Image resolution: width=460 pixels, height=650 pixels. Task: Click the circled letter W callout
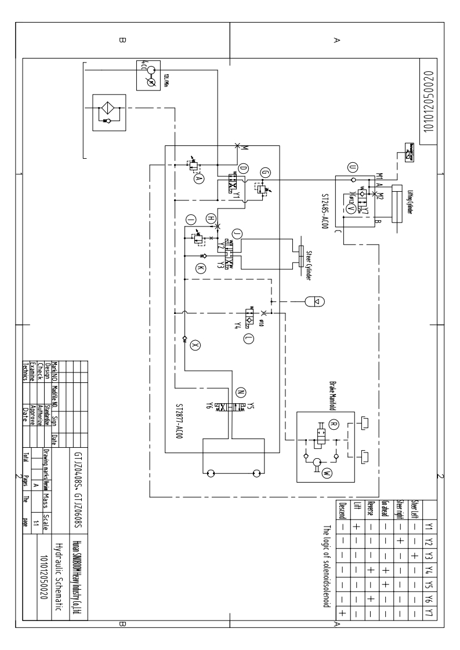coord(327,472)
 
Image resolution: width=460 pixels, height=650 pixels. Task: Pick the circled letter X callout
coord(195,344)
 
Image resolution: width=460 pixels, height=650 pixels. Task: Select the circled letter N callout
coord(239,390)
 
